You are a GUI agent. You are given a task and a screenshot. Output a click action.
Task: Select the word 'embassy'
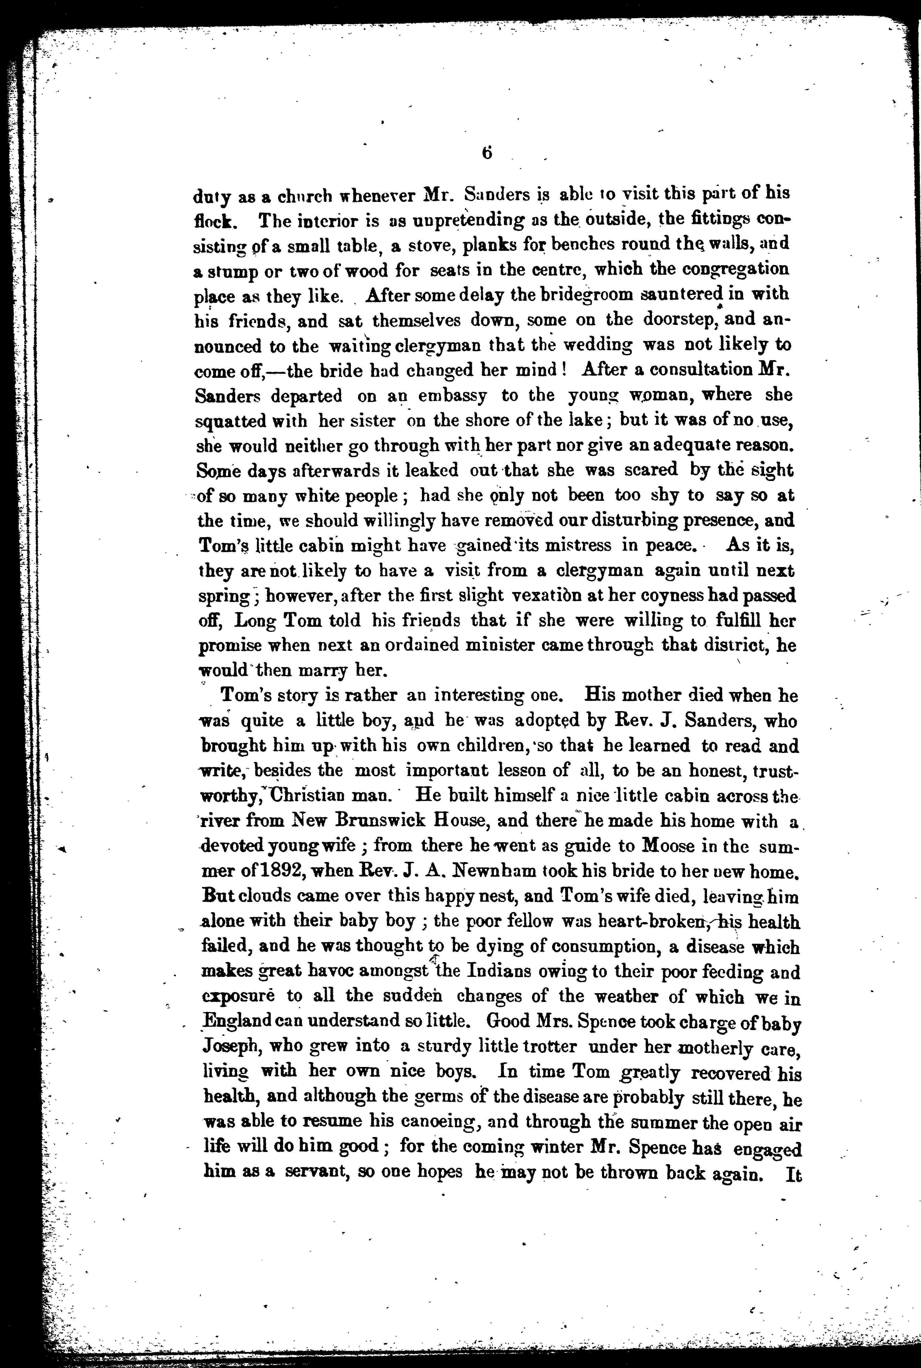pos(452,396)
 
